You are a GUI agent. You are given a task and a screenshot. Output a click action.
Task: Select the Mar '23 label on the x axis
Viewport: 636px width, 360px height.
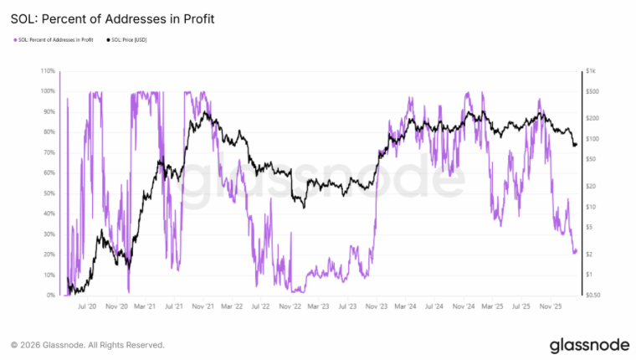point(317,307)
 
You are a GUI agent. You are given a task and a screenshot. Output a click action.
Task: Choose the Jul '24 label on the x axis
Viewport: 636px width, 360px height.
point(433,307)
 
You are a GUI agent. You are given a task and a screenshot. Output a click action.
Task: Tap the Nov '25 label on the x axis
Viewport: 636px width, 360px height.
point(548,307)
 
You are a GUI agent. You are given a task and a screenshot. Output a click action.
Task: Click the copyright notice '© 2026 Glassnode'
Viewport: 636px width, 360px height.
point(87,344)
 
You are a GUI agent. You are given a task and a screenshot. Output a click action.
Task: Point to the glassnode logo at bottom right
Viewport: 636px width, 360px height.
point(584,344)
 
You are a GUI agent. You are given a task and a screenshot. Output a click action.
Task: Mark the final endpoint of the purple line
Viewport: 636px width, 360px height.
point(576,250)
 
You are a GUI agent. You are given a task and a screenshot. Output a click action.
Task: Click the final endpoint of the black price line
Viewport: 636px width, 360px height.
point(576,145)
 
